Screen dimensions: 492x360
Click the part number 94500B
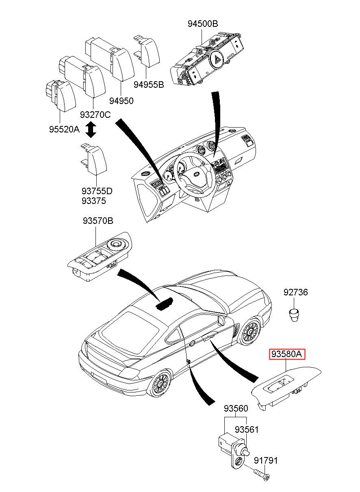point(203,24)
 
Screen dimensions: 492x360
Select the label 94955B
point(149,85)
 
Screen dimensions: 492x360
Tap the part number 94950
point(121,101)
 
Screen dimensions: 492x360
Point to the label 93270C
point(95,115)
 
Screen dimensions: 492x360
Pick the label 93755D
point(97,191)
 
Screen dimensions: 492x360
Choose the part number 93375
point(93,201)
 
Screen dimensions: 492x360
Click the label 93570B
point(98,221)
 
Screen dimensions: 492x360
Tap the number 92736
point(295,292)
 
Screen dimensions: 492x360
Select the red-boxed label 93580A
point(287,354)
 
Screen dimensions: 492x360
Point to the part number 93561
point(247,429)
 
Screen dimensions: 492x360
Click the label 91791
point(266,460)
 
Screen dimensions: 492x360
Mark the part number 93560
point(236,408)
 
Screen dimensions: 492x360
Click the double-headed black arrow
point(91,130)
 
